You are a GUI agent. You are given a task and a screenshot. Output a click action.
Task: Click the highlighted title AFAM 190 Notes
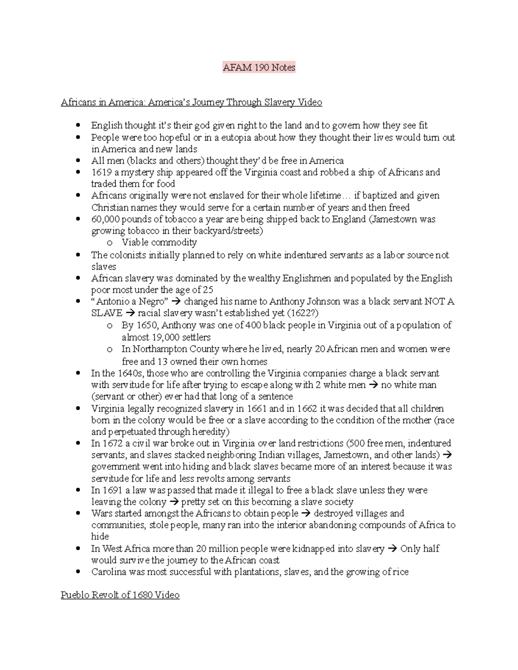[x=259, y=68]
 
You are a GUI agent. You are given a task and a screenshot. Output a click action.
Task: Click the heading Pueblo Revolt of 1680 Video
[x=120, y=595]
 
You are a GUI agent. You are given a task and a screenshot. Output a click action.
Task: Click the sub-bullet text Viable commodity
[x=159, y=242]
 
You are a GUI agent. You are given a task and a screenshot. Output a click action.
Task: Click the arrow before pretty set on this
[x=174, y=502]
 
